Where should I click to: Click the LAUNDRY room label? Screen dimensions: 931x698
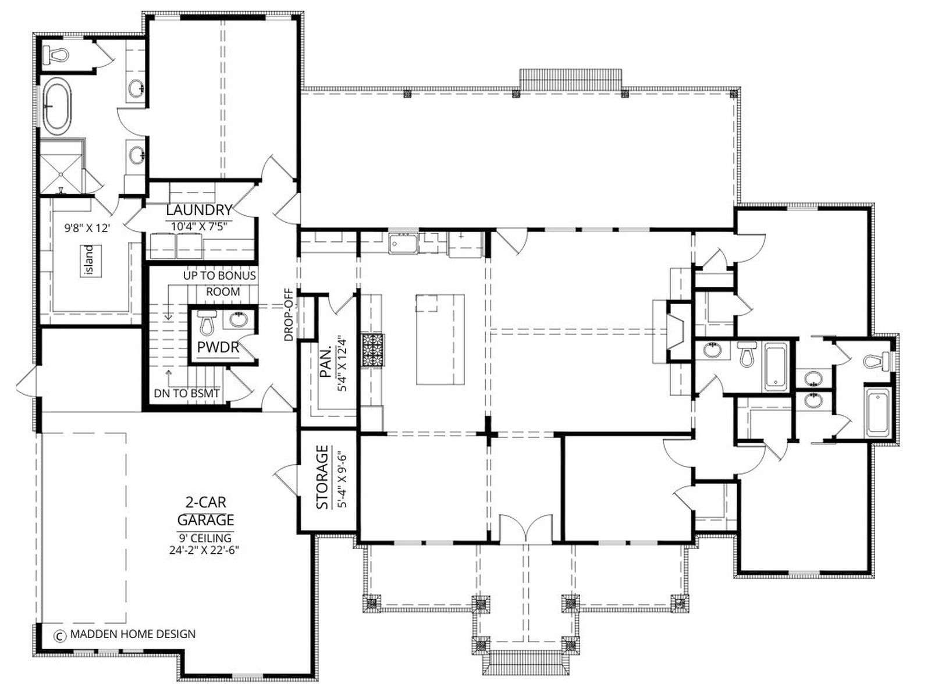pyautogui.click(x=199, y=210)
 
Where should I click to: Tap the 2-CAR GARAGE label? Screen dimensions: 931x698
pyautogui.click(x=206, y=511)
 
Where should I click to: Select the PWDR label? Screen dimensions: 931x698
pyautogui.click(x=218, y=347)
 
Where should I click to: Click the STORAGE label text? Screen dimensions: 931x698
pyautogui.click(x=323, y=477)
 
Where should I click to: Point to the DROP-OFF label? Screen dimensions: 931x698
pyautogui.click(x=289, y=315)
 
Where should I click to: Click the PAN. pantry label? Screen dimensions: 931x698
pyautogui.click(x=325, y=363)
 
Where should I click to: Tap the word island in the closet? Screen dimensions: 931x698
pyautogui.click(x=90, y=260)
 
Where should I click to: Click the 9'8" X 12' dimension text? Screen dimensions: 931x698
pyautogui.click(x=87, y=229)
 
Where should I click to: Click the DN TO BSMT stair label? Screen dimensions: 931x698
pyautogui.click(x=187, y=393)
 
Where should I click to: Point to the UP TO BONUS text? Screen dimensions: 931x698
pyautogui.click(x=220, y=276)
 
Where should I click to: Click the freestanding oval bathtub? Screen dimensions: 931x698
pyautogui.click(x=58, y=106)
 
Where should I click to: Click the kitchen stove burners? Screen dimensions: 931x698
pyautogui.click(x=373, y=350)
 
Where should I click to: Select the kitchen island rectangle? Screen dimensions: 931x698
pyautogui.click(x=440, y=340)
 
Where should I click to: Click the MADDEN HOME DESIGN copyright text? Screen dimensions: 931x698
pyautogui.click(x=133, y=634)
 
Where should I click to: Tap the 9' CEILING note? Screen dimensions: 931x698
pyautogui.click(x=205, y=538)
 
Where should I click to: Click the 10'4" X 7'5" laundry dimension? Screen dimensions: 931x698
pyautogui.click(x=200, y=227)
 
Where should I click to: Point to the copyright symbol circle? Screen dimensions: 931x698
pyautogui.click(x=60, y=635)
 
